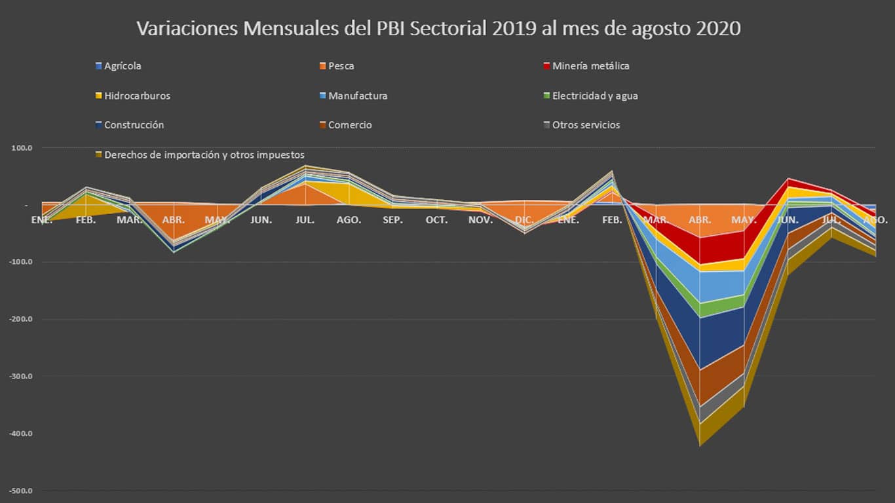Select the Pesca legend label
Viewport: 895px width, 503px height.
click(x=341, y=66)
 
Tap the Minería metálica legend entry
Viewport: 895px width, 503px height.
click(x=590, y=66)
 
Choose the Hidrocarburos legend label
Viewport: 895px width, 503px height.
click(x=137, y=96)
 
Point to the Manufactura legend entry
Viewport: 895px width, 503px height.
click(x=358, y=96)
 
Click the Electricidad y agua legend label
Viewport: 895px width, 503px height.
click(x=595, y=96)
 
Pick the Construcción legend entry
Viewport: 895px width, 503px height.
click(x=134, y=125)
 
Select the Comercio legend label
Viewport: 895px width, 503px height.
click(x=350, y=125)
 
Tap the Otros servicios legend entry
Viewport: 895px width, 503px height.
click(x=586, y=125)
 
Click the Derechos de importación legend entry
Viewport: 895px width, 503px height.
click(x=204, y=155)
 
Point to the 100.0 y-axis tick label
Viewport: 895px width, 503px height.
click(x=21, y=148)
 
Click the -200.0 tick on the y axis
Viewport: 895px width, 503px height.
click(x=20, y=320)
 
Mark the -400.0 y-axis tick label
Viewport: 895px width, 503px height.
click(x=20, y=434)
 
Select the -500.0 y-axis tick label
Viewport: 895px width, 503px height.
click(x=20, y=491)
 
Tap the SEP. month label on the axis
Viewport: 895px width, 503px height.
click(x=392, y=220)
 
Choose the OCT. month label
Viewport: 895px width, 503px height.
click(x=436, y=220)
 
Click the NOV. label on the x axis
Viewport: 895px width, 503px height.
click(x=480, y=220)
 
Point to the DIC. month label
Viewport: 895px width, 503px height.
click(x=524, y=220)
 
